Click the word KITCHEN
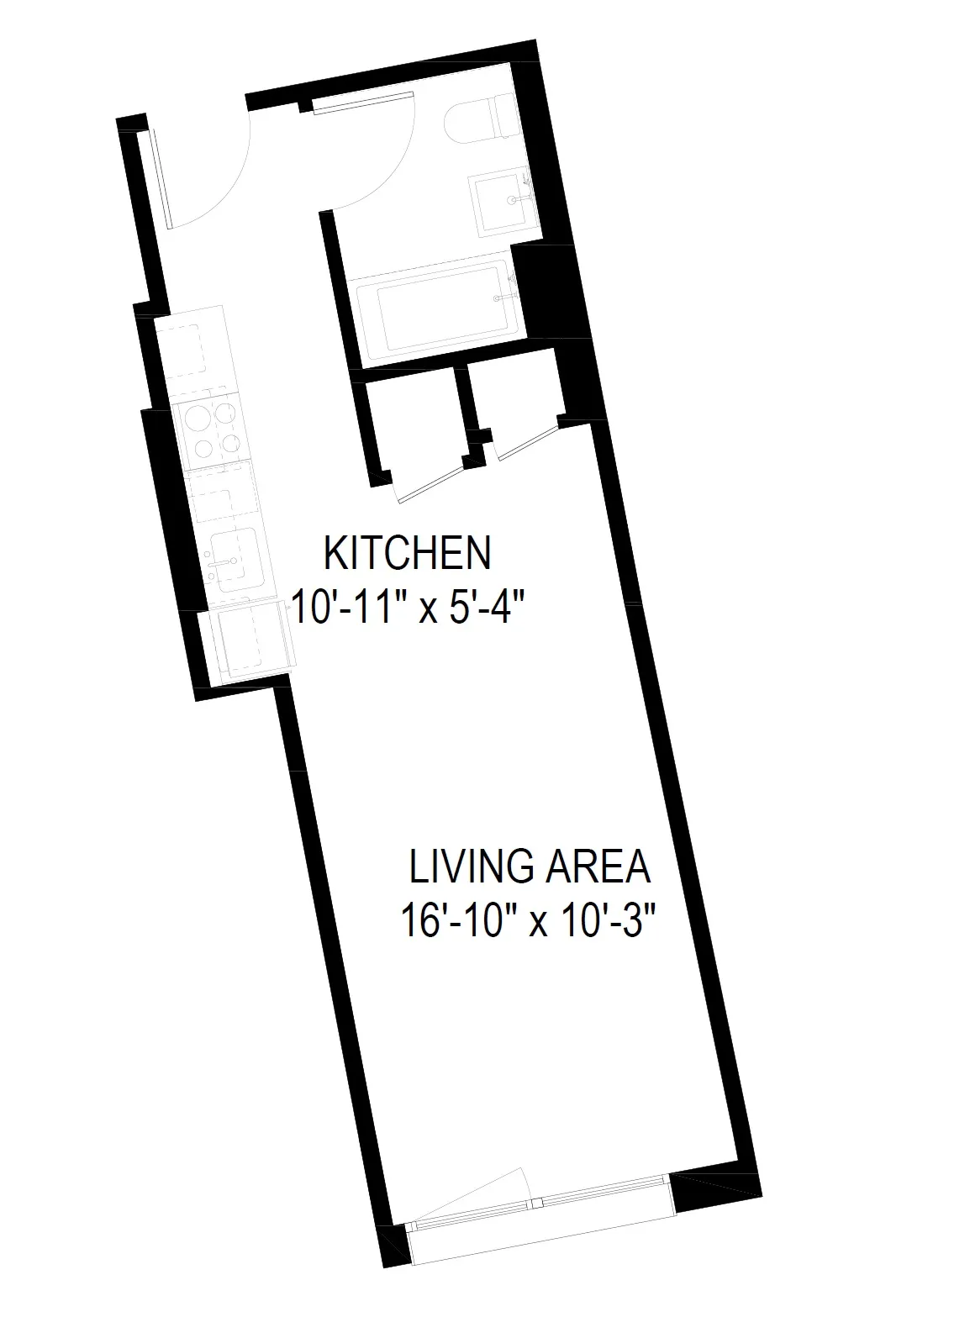point(407,553)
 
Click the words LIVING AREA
point(529,867)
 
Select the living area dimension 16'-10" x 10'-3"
point(527,919)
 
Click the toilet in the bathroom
point(482,120)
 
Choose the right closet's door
point(527,441)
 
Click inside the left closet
point(416,429)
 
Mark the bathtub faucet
point(503,296)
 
